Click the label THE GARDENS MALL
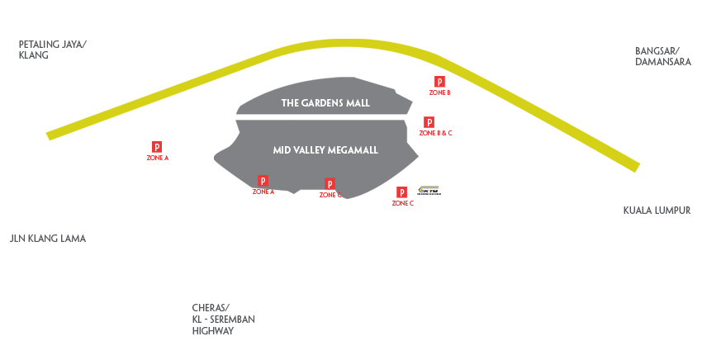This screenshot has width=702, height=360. click(325, 103)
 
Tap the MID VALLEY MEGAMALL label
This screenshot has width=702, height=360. click(325, 150)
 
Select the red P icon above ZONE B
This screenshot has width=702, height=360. click(440, 82)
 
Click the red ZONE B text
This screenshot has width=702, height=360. click(440, 92)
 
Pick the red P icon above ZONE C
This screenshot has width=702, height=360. click(402, 192)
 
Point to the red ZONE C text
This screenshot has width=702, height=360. click(402, 203)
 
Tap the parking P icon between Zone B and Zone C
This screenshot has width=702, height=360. click(429, 122)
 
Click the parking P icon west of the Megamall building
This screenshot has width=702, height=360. click(157, 147)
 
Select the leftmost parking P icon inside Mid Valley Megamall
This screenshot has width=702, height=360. click(263, 181)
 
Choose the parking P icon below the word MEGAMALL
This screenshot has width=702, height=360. click(330, 184)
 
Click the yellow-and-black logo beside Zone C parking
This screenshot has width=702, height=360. click(429, 190)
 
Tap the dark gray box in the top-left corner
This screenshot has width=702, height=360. click(53, 50)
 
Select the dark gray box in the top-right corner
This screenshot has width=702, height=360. click(663, 56)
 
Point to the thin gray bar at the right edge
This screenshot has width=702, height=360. click(657, 211)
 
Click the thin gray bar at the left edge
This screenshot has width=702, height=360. click(48, 239)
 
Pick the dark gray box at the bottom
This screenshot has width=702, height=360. click(223, 319)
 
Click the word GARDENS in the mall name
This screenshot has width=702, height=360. click(325, 103)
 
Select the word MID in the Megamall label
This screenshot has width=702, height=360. click(282, 150)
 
